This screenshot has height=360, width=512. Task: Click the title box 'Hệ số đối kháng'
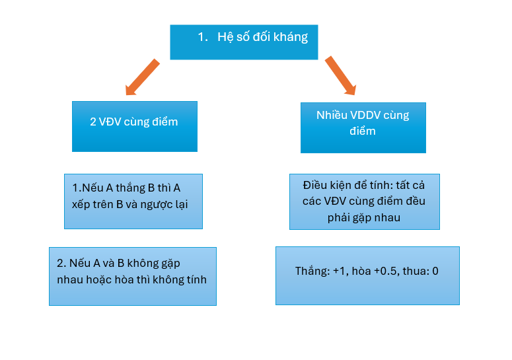pyautogui.click(x=244, y=42)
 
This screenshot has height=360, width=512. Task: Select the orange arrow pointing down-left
pyautogui.click(x=141, y=78)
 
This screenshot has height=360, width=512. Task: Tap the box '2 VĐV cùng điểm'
pyautogui.click(x=134, y=126)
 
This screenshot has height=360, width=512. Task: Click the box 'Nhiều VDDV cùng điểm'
pyautogui.click(x=363, y=127)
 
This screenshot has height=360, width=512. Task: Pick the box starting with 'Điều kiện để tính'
pyautogui.click(x=364, y=201)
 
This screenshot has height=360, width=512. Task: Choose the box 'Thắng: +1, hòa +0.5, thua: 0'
pyautogui.click(x=367, y=275)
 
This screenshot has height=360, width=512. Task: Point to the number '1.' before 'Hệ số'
pyautogui.click(x=203, y=37)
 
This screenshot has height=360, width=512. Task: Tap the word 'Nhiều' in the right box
pyautogui.click(x=332, y=116)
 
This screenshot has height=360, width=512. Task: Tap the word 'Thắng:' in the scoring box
pyautogui.click(x=312, y=271)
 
